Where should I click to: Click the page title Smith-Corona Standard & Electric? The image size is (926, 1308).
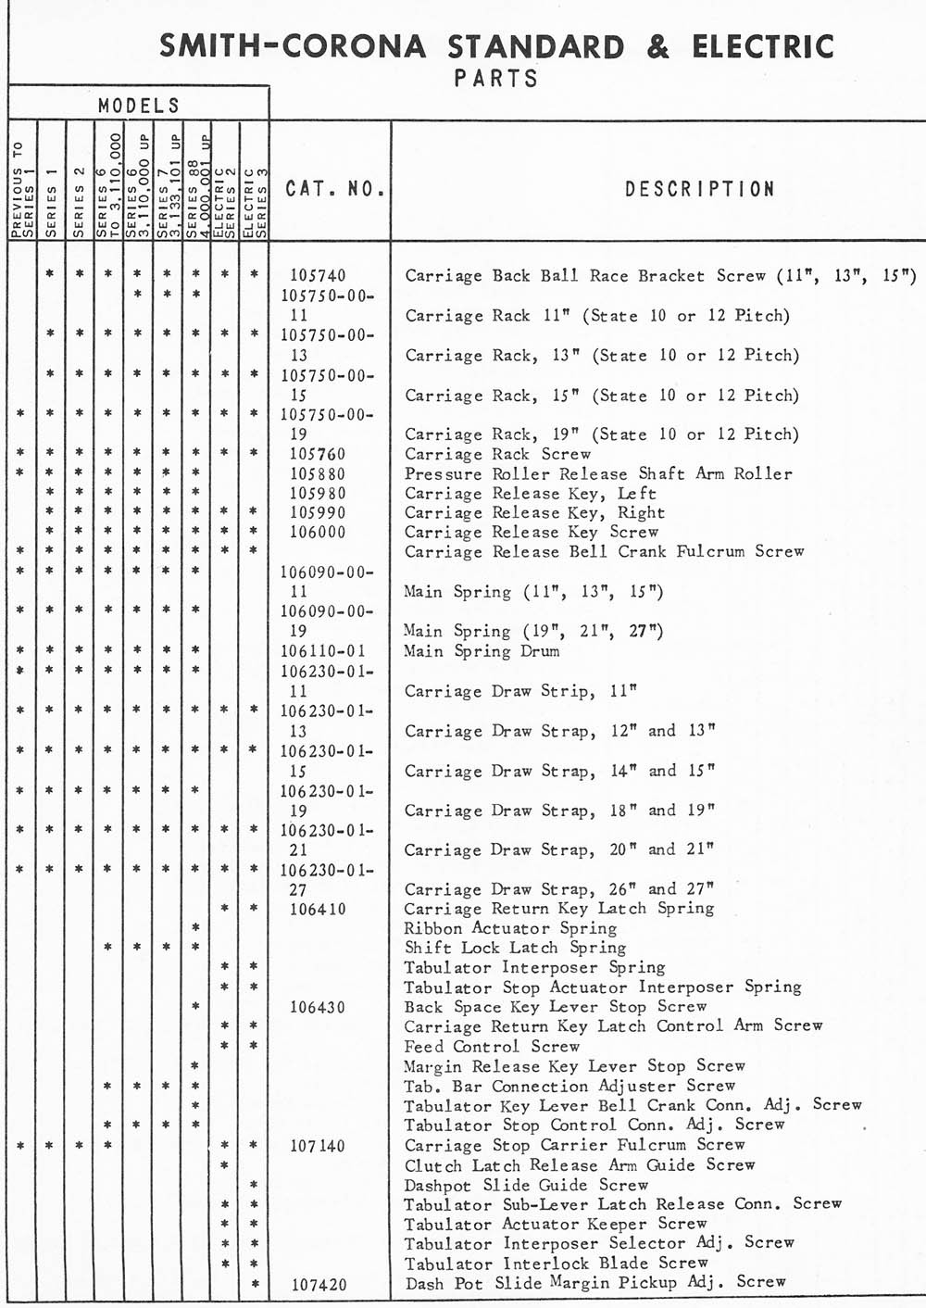coord(496,46)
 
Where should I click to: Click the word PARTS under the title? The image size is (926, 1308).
coord(496,79)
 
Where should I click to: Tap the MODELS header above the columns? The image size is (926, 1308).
coord(139,106)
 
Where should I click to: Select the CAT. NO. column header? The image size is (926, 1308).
coord(333,189)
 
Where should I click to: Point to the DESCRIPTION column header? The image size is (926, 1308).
coord(699,189)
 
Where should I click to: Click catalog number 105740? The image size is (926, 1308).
coord(318,275)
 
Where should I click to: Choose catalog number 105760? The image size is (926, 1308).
coord(318,454)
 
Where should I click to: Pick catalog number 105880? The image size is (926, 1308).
coord(318,474)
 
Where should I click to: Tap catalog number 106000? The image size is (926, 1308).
coord(318,533)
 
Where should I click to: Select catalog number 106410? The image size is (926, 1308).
coord(318,909)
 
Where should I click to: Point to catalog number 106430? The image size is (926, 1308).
coord(318,1007)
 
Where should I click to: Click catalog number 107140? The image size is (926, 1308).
coord(318,1146)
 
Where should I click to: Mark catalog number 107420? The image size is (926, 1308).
coord(318,1285)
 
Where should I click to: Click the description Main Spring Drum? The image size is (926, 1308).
coord(482,651)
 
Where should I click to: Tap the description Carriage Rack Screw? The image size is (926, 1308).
coord(497,454)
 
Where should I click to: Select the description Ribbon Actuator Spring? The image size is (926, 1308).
coord(510,928)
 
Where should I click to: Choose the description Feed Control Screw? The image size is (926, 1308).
coord(492,1047)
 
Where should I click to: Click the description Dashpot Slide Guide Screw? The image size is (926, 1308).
coord(526,1185)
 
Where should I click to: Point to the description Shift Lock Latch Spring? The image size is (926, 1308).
coord(515,948)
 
